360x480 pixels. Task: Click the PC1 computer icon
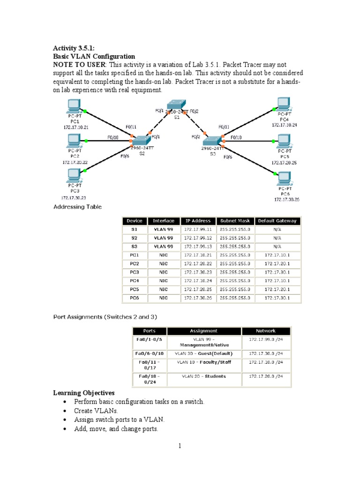(x=74, y=107)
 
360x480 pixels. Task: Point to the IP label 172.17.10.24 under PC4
(x=284, y=125)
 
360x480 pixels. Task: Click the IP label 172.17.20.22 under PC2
(x=75, y=162)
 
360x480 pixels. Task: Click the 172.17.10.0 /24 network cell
(x=265, y=362)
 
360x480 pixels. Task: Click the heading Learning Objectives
(x=84, y=393)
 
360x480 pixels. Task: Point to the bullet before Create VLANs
(x=64, y=411)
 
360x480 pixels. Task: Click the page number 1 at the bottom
(x=180, y=446)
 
